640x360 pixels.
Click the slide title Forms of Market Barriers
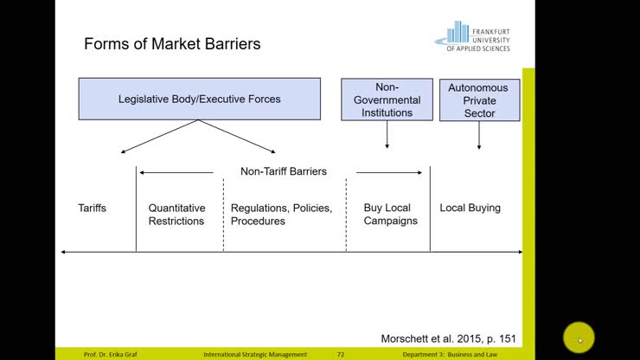tap(172, 43)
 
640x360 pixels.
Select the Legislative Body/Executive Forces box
tap(199, 99)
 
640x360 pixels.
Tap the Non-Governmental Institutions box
tap(387, 100)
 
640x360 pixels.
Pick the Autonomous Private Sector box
tap(479, 100)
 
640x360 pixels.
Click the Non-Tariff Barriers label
tap(284, 171)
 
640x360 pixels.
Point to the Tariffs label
tap(93, 208)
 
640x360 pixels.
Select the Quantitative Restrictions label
tap(176, 214)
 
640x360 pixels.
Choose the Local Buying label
tap(470, 208)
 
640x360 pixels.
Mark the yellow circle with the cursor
tap(579, 338)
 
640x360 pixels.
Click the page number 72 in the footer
tap(340, 355)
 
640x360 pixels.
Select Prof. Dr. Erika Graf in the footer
tap(112, 355)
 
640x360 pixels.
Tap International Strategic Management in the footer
tap(255, 355)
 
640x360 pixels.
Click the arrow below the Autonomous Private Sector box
tap(478, 136)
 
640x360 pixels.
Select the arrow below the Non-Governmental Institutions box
tap(387, 135)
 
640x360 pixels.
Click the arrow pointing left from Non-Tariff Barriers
tap(176, 172)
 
